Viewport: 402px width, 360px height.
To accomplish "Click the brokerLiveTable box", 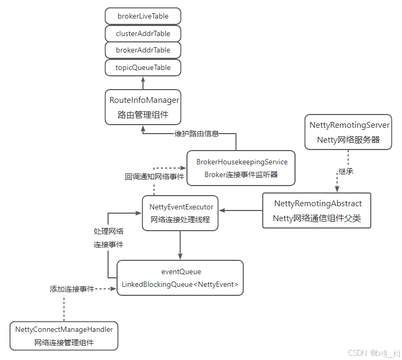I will (x=143, y=16).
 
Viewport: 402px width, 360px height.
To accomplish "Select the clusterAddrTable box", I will (x=143, y=33).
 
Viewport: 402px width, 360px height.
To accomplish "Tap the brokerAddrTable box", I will (x=143, y=50).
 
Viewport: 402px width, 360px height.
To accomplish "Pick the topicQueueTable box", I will (x=143, y=67).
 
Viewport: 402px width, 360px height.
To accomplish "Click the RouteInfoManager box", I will (x=144, y=107).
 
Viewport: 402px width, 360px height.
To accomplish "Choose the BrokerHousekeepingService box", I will (x=242, y=168).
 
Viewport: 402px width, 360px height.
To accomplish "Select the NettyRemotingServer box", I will (x=349, y=132).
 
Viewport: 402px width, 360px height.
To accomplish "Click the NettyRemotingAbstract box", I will (x=317, y=210).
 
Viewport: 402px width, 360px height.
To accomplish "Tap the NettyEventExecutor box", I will (x=181, y=213).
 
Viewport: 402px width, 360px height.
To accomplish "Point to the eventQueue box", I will (x=180, y=278).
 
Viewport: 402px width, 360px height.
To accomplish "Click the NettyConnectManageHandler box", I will (x=64, y=336).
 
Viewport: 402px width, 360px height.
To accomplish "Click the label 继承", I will (x=346, y=171).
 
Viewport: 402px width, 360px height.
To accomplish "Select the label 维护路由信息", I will (x=196, y=134).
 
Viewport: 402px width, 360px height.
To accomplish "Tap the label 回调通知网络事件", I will (x=154, y=177).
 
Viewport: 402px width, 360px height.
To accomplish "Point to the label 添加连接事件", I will (x=72, y=289).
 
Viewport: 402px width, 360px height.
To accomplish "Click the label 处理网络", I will (x=109, y=231).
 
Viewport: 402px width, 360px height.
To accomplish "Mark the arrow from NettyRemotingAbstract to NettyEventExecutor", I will (x=241, y=210).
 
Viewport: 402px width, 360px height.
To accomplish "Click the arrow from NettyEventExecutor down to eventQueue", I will (x=181, y=245).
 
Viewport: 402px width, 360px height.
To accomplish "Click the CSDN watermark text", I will (x=374, y=353).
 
